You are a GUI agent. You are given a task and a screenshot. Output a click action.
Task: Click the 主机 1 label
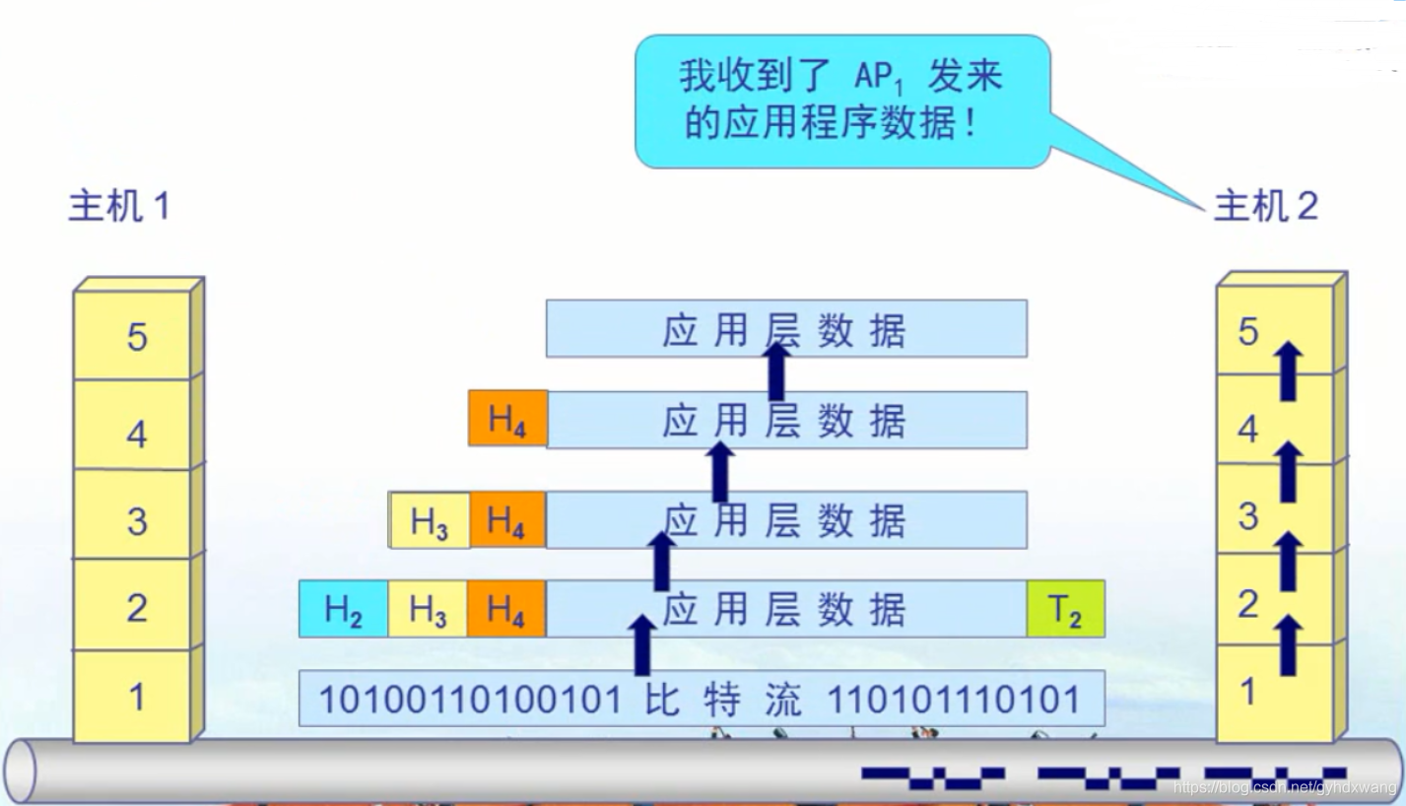(118, 207)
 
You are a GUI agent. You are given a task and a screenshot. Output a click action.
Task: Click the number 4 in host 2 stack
(1247, 430)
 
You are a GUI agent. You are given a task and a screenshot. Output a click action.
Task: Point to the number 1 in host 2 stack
(1247, 692)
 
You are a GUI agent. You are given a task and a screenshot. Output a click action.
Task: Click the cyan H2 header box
(343, 611)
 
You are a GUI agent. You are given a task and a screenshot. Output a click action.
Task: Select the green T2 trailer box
(1064, 611)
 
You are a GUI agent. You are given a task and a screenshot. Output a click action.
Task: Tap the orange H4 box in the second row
(506, 420)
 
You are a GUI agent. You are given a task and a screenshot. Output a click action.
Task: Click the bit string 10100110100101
(471, 700)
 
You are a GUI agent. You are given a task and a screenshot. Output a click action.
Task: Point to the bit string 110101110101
(953, 700)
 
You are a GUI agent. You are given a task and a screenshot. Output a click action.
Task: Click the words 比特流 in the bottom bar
(725, 700)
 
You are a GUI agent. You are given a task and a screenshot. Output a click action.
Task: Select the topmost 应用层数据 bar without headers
(786, 329)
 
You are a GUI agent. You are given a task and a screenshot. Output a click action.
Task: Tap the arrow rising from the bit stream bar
(641, 645)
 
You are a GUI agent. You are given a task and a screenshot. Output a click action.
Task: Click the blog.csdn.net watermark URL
(1285, 787)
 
